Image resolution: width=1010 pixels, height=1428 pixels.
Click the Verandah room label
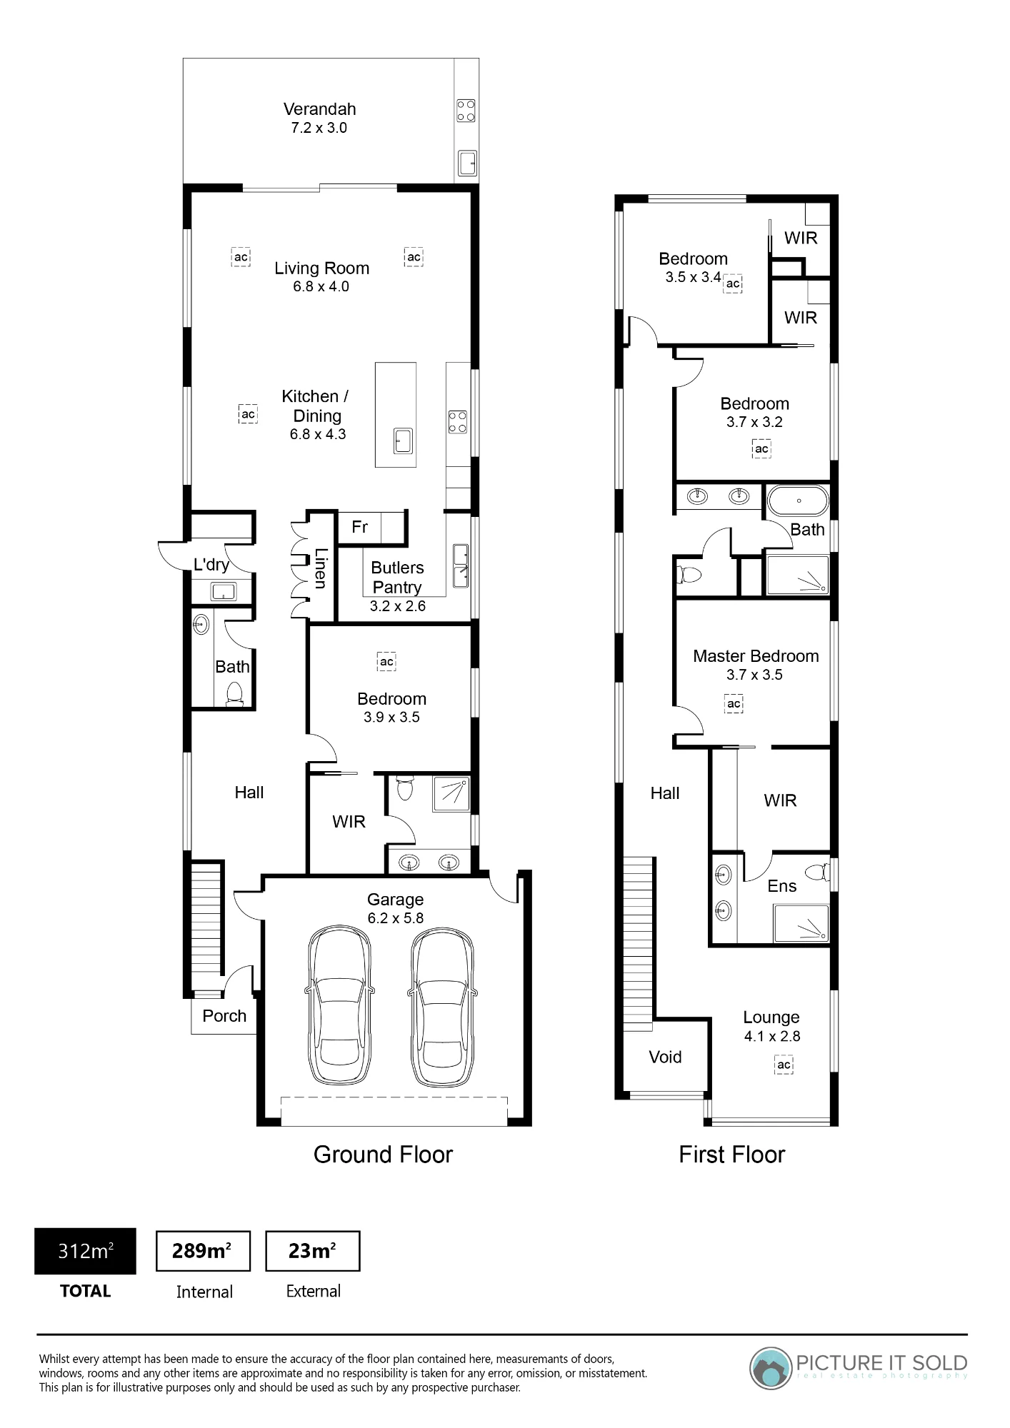point(319,109)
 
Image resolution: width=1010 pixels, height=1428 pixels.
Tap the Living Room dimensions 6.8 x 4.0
point(321,286)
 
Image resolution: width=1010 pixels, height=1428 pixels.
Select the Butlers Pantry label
point(397,577)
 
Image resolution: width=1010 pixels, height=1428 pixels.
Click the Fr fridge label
point(359,527)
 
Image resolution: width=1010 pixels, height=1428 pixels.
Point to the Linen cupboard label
point(321,568)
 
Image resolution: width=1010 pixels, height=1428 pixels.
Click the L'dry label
point(211,565)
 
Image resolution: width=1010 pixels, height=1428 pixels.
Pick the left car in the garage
point(340,1007)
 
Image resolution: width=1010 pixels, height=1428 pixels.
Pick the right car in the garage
point(442,1007)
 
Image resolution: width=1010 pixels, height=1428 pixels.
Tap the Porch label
point(224,1016)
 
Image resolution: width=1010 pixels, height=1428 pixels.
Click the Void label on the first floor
point(665,1057)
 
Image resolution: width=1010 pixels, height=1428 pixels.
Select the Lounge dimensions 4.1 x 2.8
point(772,1036)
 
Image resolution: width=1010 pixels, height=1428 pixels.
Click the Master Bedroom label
point(756,656)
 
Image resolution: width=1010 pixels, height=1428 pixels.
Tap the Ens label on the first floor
point(781,886)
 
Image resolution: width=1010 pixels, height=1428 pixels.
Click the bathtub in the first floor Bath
point(798,501)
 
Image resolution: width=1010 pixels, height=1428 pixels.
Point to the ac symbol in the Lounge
point(784,1065)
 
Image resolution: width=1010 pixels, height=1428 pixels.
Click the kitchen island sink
point(404,441)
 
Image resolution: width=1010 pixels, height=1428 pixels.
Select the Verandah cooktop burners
point(466,111)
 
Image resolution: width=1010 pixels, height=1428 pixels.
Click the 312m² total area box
point(85,1251)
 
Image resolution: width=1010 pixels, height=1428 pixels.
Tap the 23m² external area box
point(312,1251)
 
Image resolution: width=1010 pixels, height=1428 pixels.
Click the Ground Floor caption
point(383,1155)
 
